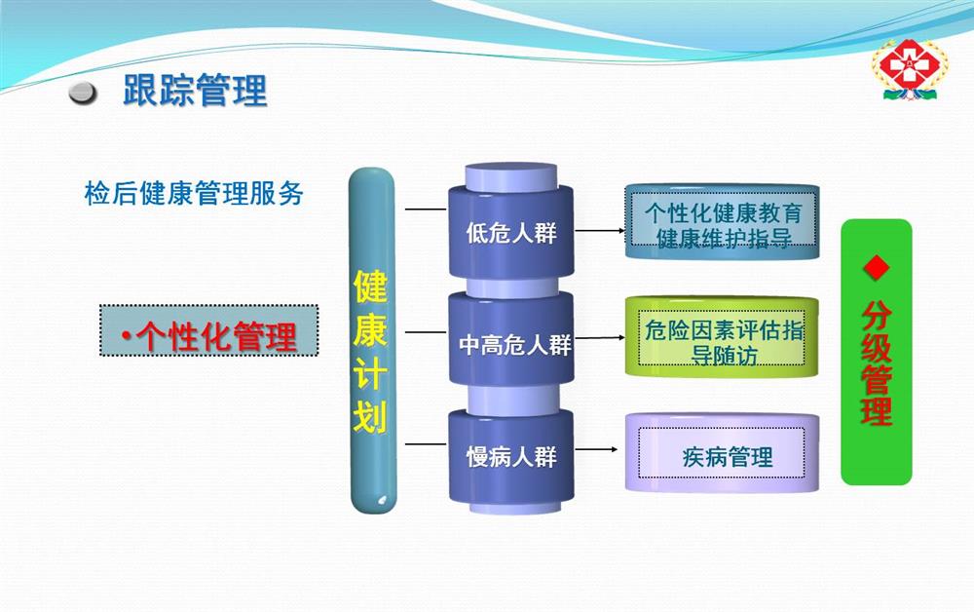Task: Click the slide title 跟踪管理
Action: click(195, 91)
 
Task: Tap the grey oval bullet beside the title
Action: click(83, 93)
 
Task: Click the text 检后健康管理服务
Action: click(194, 193)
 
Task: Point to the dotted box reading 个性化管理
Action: click(208, 330)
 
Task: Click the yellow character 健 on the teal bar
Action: click(371, 286)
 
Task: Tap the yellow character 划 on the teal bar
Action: click(371, 415)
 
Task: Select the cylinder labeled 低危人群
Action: click(511, 231)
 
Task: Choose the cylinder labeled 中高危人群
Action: click(511, 338)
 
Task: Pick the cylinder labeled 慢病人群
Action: click(511, 456)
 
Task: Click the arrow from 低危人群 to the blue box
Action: click(600, 231)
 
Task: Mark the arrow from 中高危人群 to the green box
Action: click(600, 338)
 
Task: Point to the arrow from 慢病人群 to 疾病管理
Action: click(596, 449)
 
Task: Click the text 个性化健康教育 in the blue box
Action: click(723, 212)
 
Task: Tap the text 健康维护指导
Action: click(724, 238)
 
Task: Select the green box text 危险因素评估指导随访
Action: click(724, 342)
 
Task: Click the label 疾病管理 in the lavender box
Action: click(728, 457)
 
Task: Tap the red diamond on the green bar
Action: click(877, 268)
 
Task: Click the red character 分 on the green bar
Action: click(877, 316)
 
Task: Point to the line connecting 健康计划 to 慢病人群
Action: click(426, 444)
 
